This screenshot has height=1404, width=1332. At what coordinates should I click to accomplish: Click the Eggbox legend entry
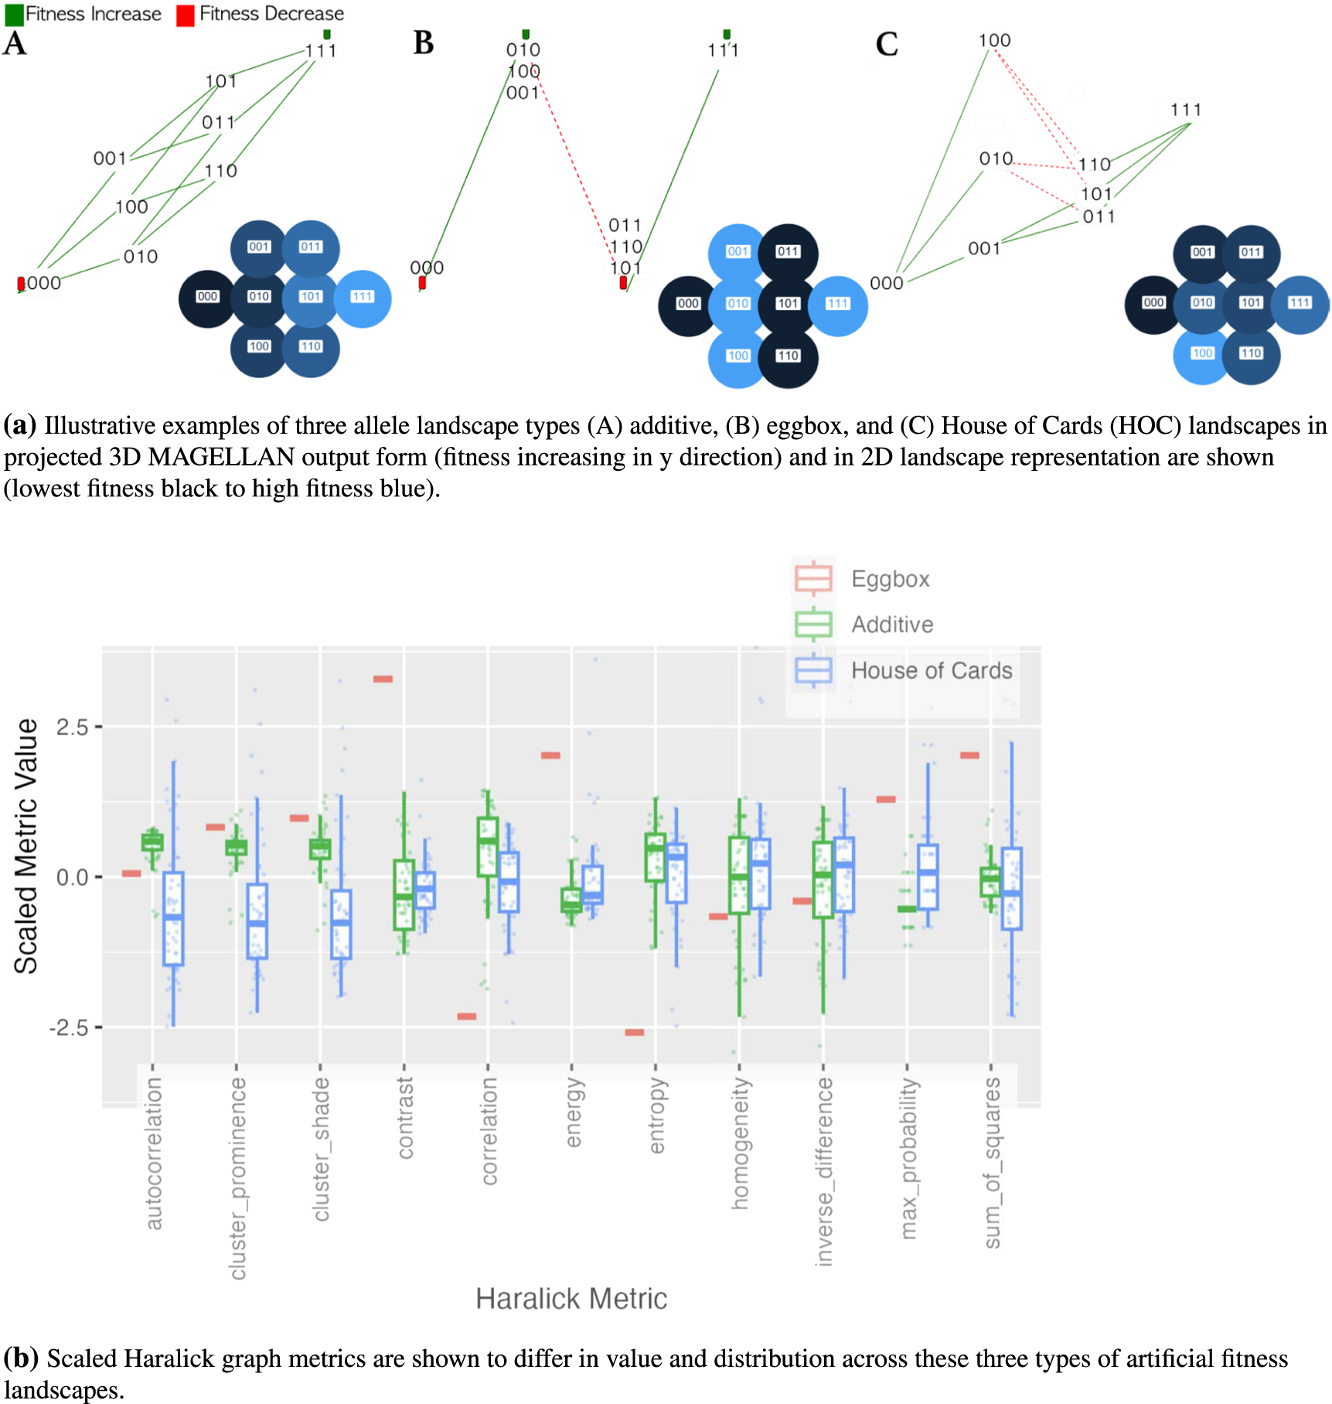[890, 579]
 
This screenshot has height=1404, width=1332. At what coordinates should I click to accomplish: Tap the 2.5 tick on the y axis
[72, 727]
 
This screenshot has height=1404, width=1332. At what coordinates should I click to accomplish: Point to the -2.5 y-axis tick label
[69, 1027]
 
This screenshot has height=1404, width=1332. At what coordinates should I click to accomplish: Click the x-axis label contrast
[405, 1118]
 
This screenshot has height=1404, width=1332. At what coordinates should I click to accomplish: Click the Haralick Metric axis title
[571, 1299]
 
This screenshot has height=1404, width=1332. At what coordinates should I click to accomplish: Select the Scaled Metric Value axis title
[26, 846]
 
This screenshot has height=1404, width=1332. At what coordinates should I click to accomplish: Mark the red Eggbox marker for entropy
[635, 1032]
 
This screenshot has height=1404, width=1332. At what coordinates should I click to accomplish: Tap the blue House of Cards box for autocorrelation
[173, 918]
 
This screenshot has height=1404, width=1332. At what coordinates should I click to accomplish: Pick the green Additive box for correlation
[487, 847]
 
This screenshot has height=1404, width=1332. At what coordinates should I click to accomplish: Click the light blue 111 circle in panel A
[363, 298]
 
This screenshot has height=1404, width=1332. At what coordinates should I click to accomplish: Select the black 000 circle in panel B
[687, 305]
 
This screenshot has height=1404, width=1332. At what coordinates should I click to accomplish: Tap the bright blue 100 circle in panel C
[1201, 354]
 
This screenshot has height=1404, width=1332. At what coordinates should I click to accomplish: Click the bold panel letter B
[424, 43]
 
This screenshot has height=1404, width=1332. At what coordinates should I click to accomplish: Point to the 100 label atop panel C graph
[994, 40]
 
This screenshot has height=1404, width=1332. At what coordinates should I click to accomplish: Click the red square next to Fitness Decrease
[185, 15]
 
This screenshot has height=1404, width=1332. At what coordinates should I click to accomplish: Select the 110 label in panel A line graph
[220, 171]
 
